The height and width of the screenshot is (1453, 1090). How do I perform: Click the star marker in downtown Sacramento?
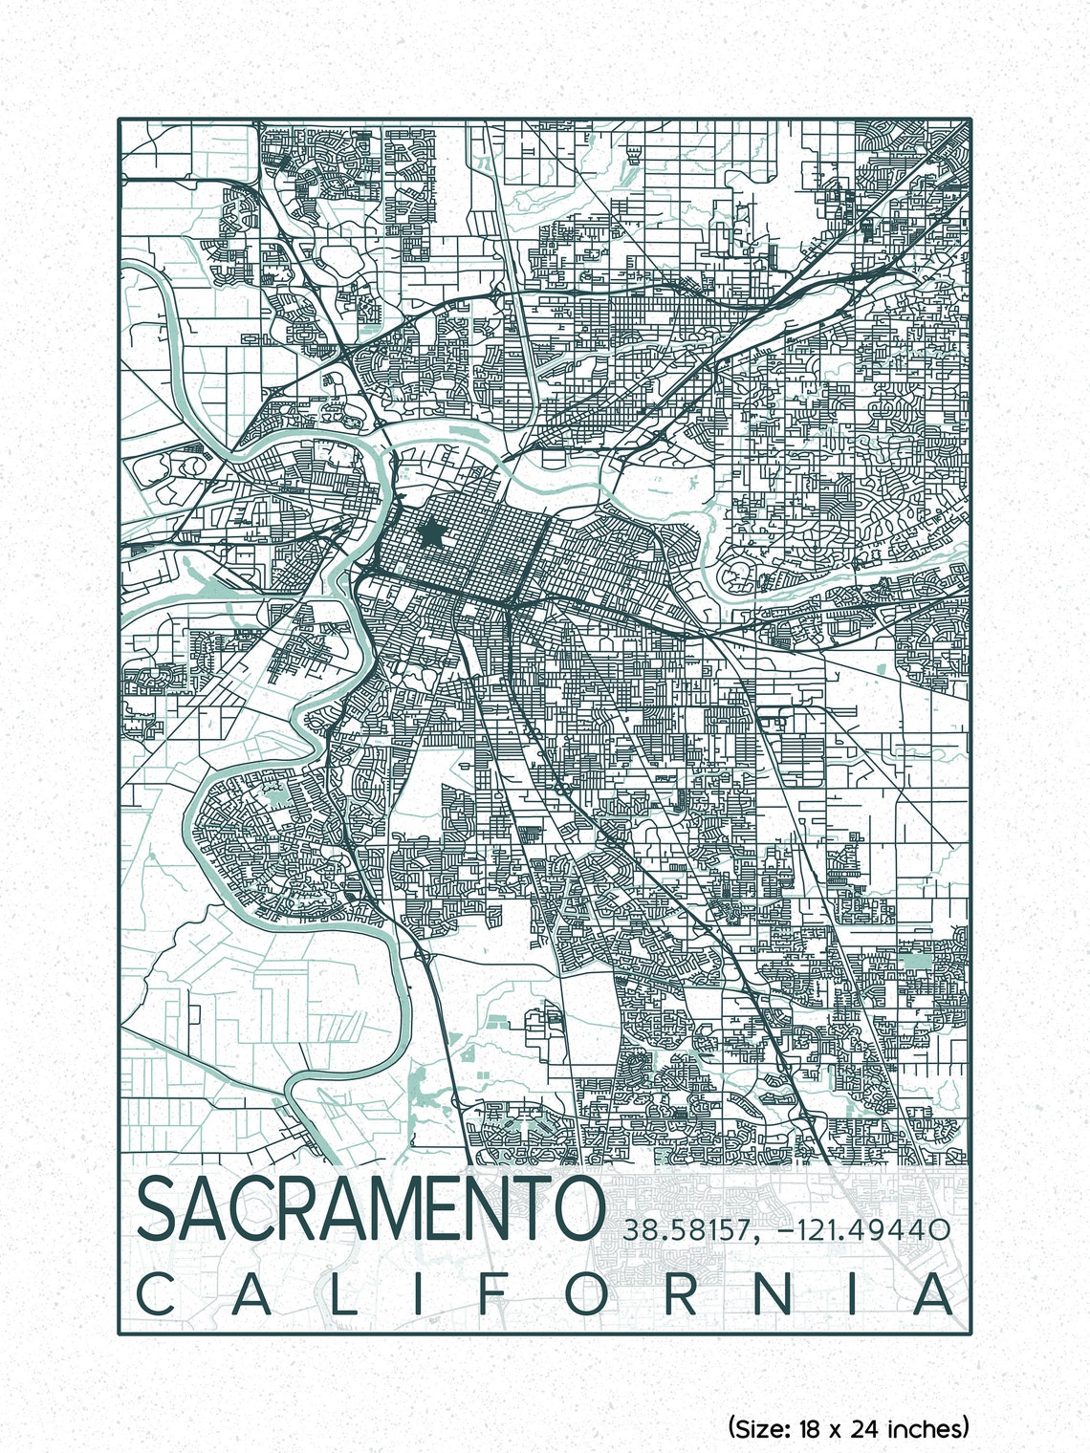(x=431, y=533)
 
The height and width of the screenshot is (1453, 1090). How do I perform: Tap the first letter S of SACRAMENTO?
(x=159, y=1209)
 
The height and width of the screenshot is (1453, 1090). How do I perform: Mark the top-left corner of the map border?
(x=120, y=119)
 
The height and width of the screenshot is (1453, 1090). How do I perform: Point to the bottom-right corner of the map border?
(x=970, y=1333)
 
